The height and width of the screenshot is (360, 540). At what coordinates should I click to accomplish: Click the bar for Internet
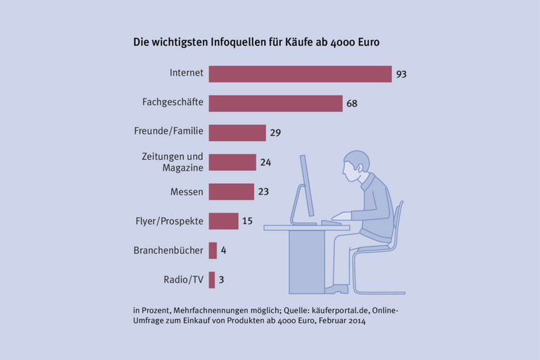(300, 74)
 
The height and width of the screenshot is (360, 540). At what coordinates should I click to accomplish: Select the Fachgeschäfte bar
(275, 104)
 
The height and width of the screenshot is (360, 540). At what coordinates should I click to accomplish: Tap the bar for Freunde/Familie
(237, 132)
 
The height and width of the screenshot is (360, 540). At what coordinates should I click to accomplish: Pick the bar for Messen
(231, 191)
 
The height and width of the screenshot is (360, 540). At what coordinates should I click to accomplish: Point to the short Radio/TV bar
(212, 280)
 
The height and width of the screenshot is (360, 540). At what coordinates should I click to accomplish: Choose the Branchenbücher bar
(213, 250)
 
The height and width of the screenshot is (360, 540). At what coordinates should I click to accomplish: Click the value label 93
(402, 74)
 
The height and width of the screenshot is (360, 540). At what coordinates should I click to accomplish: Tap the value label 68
(352, 104)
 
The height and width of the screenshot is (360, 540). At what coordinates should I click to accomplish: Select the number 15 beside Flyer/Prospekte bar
(247, 221)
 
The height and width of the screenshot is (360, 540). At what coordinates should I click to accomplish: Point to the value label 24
(265, 162)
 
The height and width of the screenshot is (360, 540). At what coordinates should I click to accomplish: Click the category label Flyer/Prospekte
(168, 221)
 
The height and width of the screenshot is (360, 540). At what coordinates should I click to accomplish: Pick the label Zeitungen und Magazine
(172, 161)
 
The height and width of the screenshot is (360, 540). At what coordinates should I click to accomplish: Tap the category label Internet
(187, 73)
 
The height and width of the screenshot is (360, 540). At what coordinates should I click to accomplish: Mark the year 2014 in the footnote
(356, 321)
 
